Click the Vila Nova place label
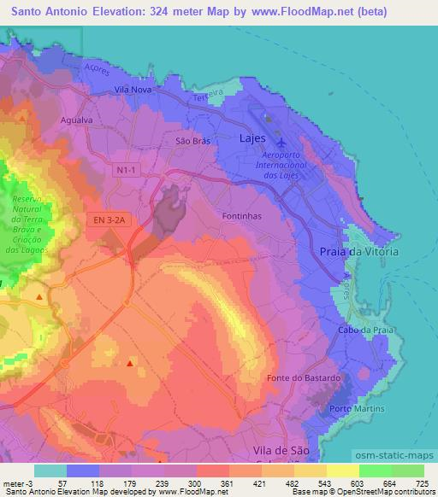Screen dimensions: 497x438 point(133,89)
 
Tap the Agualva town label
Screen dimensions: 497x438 point(76,120)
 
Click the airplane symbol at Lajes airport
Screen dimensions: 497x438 point(282,142)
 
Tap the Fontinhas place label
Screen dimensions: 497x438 point(241,217)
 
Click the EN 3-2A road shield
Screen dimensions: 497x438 point(110,220)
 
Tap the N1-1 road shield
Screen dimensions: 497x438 point(127,171)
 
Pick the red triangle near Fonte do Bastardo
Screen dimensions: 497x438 point(130,364)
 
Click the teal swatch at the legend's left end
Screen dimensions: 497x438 point(50,471)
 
